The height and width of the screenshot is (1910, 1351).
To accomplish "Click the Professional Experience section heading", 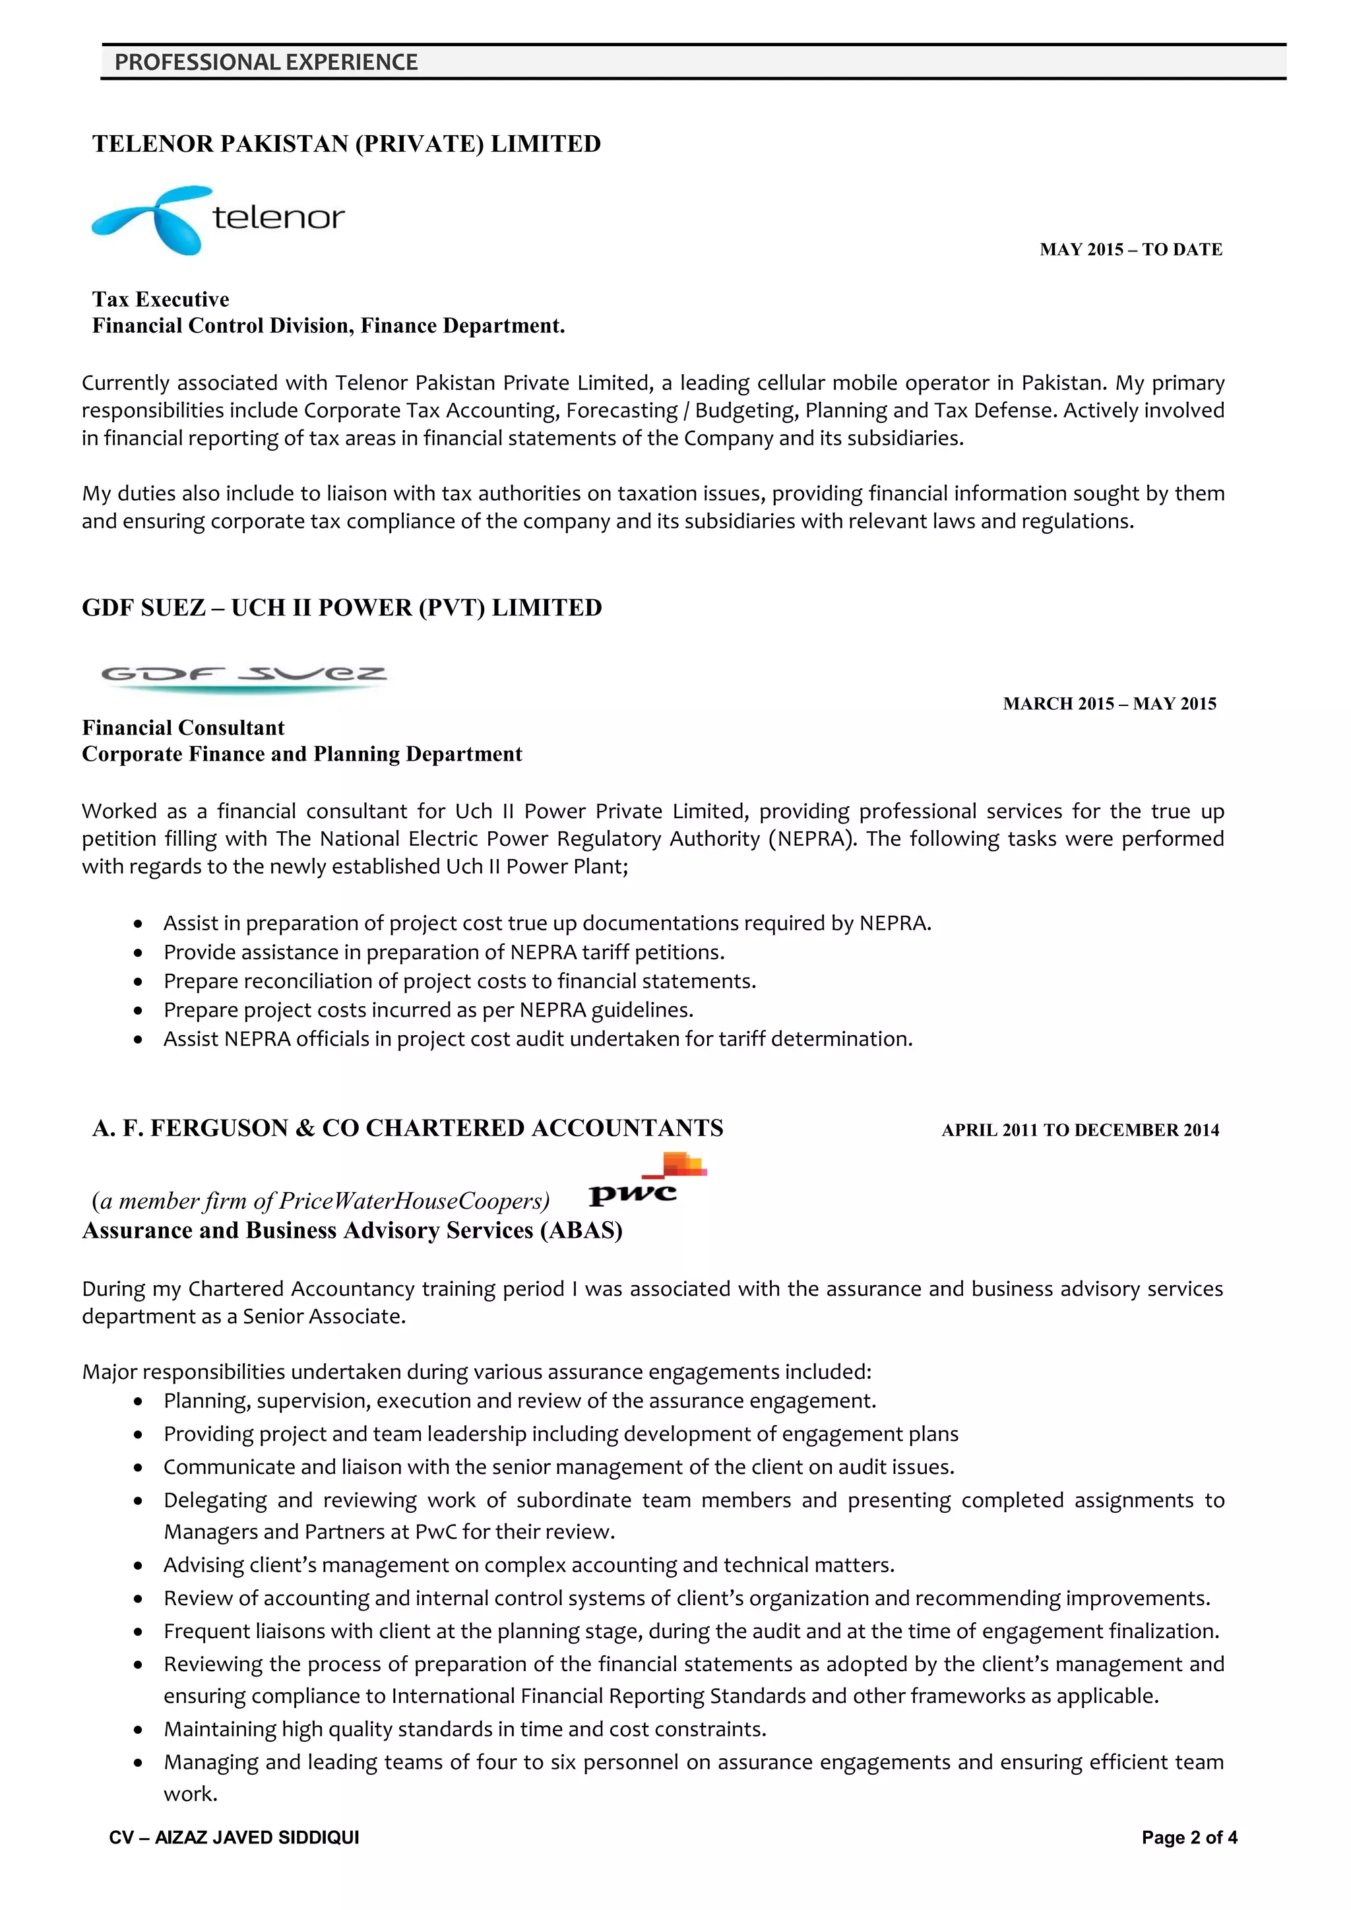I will coord(267,63).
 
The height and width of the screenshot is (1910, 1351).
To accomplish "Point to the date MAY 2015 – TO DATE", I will coord(1130,249).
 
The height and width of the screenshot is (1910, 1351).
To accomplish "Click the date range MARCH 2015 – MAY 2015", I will coord(1109,704).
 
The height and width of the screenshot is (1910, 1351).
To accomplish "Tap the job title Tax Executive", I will coord(160,300).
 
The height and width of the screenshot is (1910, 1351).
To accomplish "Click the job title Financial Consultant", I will coord(183,728).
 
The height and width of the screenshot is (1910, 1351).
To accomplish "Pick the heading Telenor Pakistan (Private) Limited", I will coord(346,144).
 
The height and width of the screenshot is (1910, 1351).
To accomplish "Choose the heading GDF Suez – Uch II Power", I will coord(341,608).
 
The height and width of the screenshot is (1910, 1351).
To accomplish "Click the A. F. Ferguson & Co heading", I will coord(408,1128).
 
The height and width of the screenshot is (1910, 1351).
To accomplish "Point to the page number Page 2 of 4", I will coord(1189,1837).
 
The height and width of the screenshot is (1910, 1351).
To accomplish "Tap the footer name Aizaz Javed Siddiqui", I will coord(234,1837).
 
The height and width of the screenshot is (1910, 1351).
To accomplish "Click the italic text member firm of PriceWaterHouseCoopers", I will coord(321,1201).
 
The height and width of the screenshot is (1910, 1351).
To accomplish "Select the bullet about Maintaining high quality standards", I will coord(464,1729).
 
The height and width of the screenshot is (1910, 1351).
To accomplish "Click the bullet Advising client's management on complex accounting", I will coord(528,1565).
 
